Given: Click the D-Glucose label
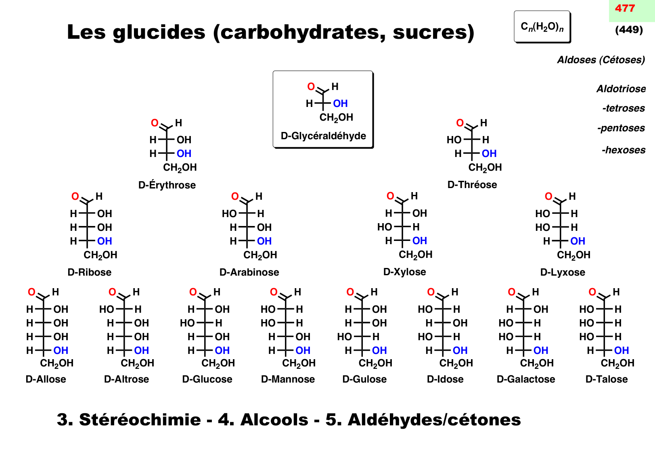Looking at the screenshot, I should (x=207, y=379).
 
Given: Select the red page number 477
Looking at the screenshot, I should (x=625, y=8).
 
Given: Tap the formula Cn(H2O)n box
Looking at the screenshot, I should (x=542, y=27).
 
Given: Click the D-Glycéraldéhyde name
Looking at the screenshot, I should (x=323, y=136).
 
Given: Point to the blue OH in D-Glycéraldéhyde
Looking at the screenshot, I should (x=340, y=104).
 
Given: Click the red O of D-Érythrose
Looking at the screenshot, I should (x=155, y=123).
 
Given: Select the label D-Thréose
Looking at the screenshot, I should (x=472, y=185).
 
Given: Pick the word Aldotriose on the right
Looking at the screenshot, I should (x=621, y=89).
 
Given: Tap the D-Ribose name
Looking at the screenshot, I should (x=90, y=272).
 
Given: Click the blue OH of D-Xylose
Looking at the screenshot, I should (x=419, y=241).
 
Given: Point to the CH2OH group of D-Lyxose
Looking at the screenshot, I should (x=573, y=255).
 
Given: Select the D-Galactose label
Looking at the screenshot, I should (x=525, y=379).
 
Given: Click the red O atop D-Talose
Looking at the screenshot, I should (x=592, y=292).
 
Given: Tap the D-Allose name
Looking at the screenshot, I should (x=46, y=379).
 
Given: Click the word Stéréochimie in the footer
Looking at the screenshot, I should (x=140, y=420).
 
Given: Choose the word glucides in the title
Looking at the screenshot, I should (x=159, y=32).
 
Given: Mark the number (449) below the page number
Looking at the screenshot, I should (x=629, y=30).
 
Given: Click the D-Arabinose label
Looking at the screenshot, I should (x=249, y=272).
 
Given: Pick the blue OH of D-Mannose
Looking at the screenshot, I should (x=303, y=351).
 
